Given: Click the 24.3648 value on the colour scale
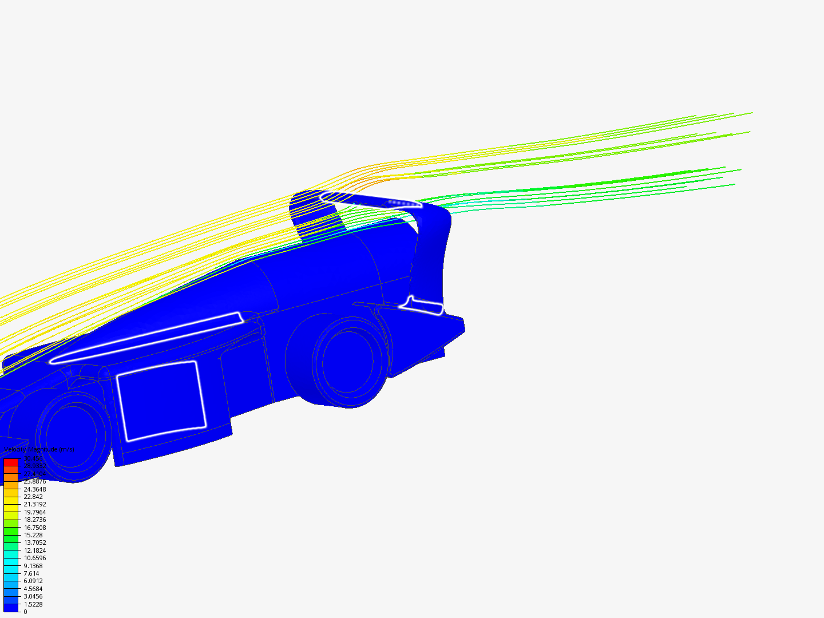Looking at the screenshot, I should (x=34, y=489).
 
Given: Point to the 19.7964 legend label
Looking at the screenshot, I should (x=34, y=512).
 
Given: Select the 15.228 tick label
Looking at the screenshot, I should (x=33, y=535).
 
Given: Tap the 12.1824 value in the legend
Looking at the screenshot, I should (x=34, y=550).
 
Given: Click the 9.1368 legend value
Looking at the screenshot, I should (x=33, y=566).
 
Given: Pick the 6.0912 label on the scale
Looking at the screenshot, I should (x=33, y=581).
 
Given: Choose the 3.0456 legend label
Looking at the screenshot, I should (x=33, y=596).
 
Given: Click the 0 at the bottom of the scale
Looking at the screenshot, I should (x=25, y=612).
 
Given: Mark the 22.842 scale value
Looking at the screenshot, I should (x=33, y=497).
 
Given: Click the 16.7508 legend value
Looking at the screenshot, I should (x=34, y=528).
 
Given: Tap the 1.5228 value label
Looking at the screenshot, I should (x=33, y=604).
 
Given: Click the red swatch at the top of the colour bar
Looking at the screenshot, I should (x=11, y=462).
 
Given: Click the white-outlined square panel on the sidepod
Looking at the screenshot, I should (x=161, y=401).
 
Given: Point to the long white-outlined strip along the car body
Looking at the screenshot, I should (x=146, y=339).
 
